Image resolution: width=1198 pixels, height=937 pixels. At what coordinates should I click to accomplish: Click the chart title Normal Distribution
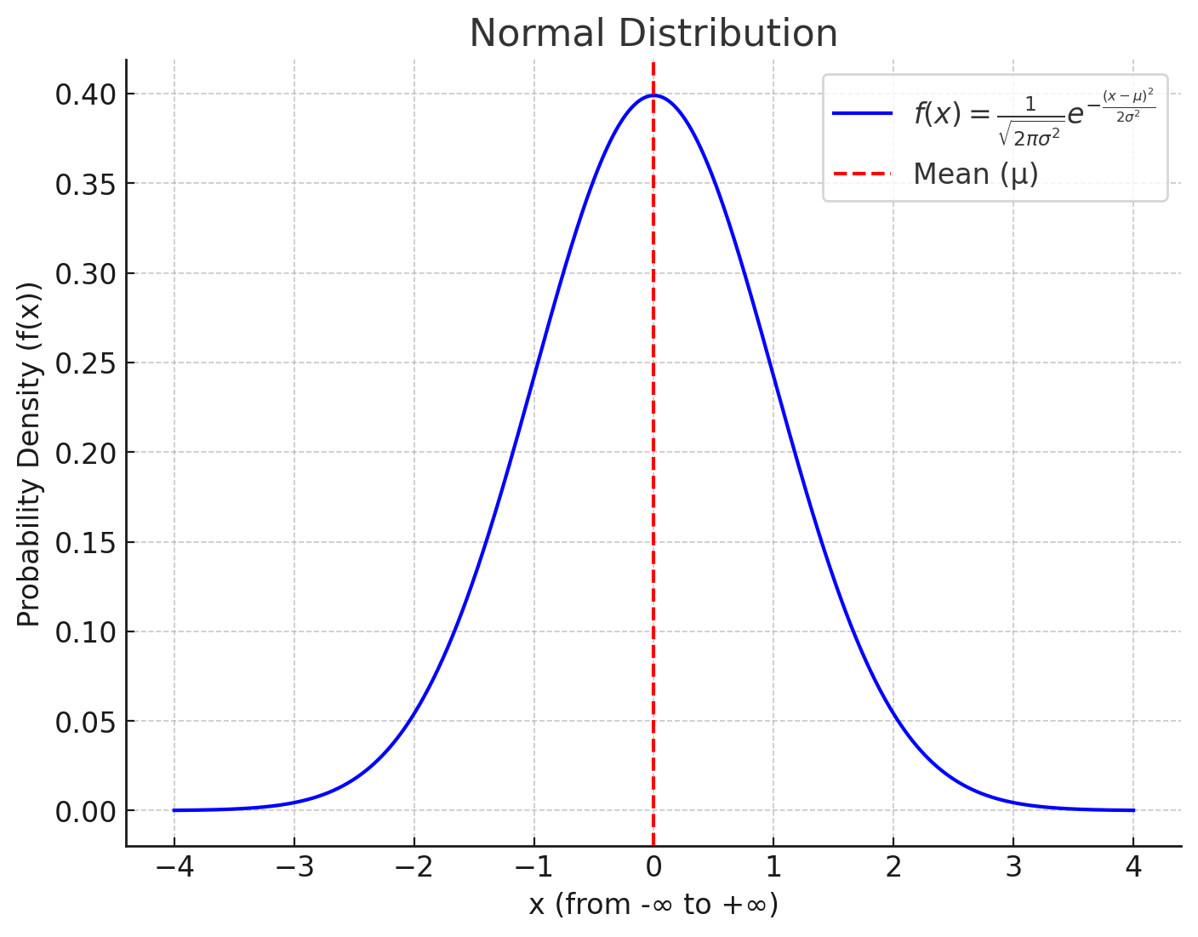pos(653,34)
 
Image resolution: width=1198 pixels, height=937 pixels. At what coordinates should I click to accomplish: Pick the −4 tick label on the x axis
pos(174,868)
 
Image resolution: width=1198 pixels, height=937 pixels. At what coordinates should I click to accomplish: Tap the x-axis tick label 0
pos(653,868)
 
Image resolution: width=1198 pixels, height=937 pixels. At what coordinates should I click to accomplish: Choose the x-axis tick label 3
pos(1013,868)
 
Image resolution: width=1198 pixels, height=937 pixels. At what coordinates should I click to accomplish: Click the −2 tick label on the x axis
pos(414,868)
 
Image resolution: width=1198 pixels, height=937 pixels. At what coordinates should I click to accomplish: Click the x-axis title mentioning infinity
pos(653,905)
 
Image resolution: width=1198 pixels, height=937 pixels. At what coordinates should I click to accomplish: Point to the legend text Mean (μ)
pos(976,174)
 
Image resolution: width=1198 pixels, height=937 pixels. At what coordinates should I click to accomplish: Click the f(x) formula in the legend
pos(1034,114)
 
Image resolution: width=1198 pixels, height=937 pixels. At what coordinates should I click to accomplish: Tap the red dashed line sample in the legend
pos(862,174)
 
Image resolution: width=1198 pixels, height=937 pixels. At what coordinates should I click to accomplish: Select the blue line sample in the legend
pos(862,113)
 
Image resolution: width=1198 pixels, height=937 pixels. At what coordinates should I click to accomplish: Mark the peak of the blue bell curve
pos(653,95)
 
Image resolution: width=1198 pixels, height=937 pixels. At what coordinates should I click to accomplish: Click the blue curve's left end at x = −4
pos(174,810)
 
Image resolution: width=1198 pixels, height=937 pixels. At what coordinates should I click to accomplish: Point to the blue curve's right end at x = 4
pos(1132,810)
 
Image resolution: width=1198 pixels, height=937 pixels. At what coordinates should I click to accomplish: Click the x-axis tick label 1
pos(773,868)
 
